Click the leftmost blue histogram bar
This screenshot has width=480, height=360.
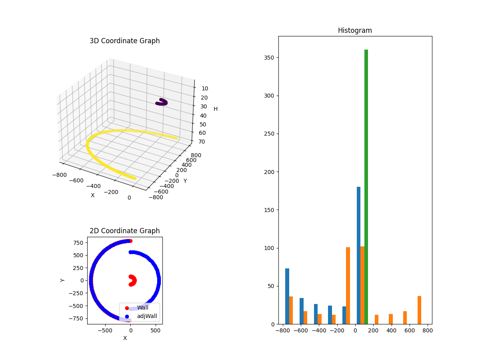287,296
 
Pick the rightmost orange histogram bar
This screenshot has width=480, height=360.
419,310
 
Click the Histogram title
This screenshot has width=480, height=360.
355,30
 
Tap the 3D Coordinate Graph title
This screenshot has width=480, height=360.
124,41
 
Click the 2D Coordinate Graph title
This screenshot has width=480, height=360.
124,231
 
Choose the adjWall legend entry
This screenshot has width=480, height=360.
147,316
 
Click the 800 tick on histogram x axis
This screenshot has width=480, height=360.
427,330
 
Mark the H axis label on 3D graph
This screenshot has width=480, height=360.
216,109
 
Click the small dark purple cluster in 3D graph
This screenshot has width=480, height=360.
161,102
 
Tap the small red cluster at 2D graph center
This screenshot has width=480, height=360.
132,280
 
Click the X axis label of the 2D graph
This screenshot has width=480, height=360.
125,338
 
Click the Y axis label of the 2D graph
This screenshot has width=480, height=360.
62,280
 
